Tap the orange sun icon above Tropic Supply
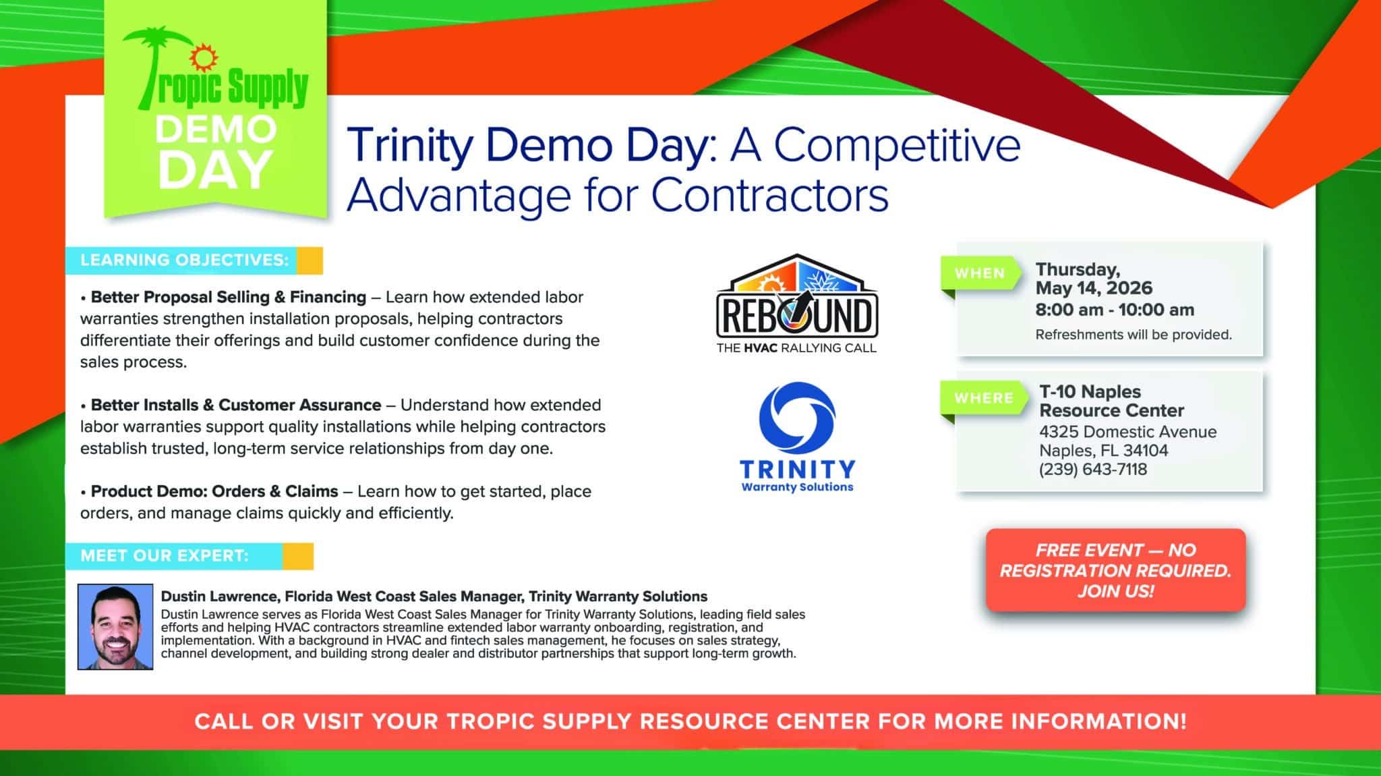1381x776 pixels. click(x=201, y=59)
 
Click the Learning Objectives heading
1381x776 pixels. click(x=184, y=260)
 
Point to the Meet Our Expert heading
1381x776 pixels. click(x=165, y=556)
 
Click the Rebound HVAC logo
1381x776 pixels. click(x=796, y=304)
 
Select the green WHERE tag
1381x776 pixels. click(x=983, y=398)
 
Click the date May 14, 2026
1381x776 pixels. click(x=1094, y=288)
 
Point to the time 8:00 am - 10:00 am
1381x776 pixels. click(x=1115, y=310)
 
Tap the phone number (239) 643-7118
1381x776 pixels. click(x=1093, y=470)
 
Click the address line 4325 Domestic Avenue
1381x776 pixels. click(x=1128, y=432)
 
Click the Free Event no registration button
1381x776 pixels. click(x=1115, y=570)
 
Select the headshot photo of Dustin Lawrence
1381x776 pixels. click(x=115, y=627)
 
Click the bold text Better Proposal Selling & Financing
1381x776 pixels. click(x=229, y=297)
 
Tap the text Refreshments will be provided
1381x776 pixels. click(x=1134, y=335)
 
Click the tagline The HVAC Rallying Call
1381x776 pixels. click(x=796, y=348)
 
